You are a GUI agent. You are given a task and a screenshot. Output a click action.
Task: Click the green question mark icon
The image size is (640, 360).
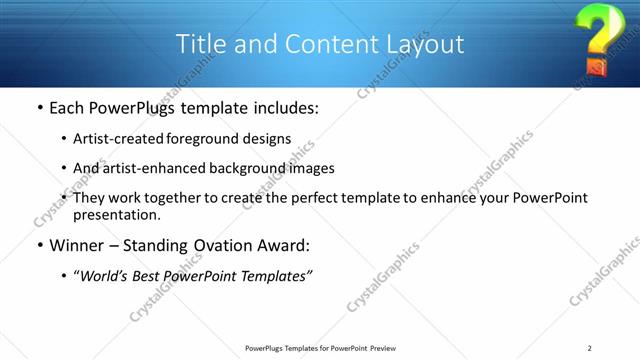(594, 38)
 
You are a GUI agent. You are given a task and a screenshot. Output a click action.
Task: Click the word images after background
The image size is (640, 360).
(311, 168)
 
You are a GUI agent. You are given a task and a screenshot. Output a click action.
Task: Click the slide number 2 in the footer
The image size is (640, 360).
(591, 348)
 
